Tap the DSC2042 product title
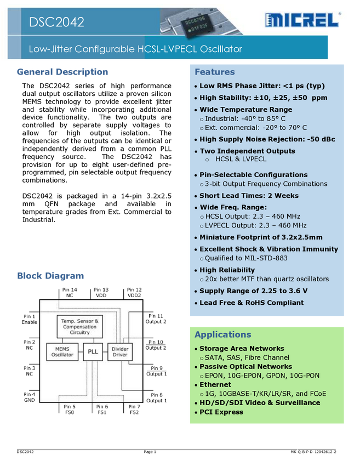pyautogui.click(x=57, y=22)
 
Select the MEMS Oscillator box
pyautogui.click(x=62, y=351)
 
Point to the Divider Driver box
pyautogui.click(x=119, y=351)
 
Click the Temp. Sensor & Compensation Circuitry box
pyautogui.click(x=79, y=327)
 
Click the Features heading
pyautogui.click(x=215, y=72)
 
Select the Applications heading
pyautogui.click(x=223, y=334)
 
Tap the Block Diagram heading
pyautogui.click(x=51, y=276)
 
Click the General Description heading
pyautogui.click(x=63, y=71)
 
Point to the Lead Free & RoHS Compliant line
pyautogui.click(x=251, y=303)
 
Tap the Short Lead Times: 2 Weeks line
pyautogui.click(x=249, y=196)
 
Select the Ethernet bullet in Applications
pyautogui.click(x=215, y=385)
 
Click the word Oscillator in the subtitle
pyautogui.click(x=221, y=49)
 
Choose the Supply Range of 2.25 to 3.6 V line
pyautogui.click(x=253, y=291)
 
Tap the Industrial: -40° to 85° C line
pyautogui.click(x=245, y=118)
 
